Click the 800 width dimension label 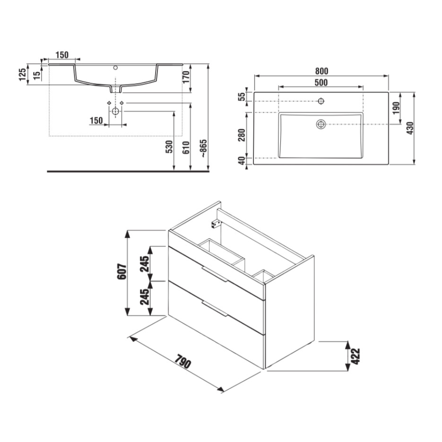tap(321, 71)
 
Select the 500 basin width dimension tap(321, 83)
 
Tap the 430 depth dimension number tap(409, 129)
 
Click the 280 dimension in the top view tap(242, 135)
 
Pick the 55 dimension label tap(242, 97)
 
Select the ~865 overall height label tap(203, 148)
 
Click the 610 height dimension tap(186, 148)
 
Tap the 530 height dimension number tap(170, 148)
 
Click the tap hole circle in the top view tap(321, 101)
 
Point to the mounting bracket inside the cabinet tap(216, 222)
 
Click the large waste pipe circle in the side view tap(115, 112)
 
